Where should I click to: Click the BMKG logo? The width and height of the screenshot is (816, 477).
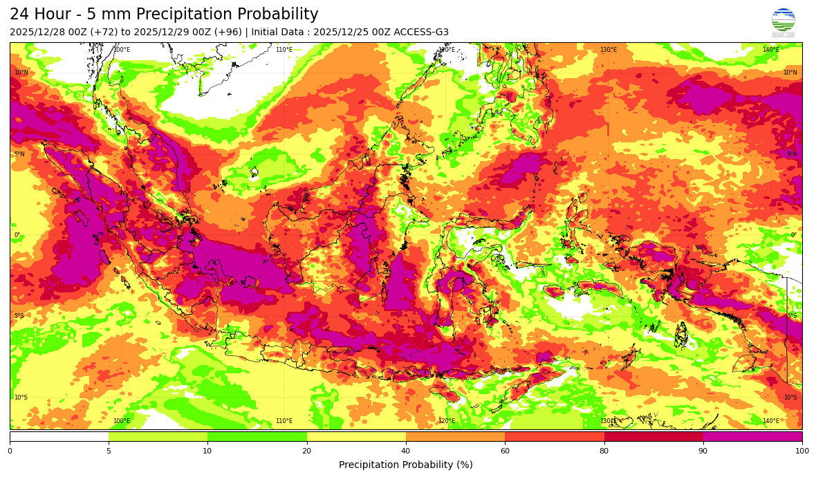pyautogui.click(x=783, y=21)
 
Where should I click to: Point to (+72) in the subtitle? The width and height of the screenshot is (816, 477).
pyautogui.click(x=107, y=32)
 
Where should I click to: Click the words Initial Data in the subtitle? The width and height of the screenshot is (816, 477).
pyautogui.click(x=277, y=32)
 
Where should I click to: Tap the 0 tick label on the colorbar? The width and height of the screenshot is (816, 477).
pyautogui.click(x=10, y=451)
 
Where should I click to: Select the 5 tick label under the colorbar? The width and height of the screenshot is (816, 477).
pyautogui.click(x=109, y=451)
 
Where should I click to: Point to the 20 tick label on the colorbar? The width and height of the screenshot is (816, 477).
pyautogui.click(x=306, y=451)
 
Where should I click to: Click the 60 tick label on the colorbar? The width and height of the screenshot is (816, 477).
pyautogui.click(x=505, y=451)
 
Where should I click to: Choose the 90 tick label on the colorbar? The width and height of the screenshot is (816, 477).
pyautogui.click(x=703, y=451)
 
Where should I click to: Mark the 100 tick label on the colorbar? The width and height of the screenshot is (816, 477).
pyautogui.click(x=801, y=451)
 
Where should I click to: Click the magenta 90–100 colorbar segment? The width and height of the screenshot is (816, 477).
pyautogui.click(x=752, y=437)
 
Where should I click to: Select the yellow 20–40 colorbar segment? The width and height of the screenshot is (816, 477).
pyautogui.click(x=356, y=437)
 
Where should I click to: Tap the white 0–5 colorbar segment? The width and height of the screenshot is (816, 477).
pyautogui.click(x=59, y=437)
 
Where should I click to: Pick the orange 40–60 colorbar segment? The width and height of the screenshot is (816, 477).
pyautogui.click(x=455, y=437)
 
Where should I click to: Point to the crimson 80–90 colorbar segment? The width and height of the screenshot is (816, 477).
pyautogui.click(x=653, y=437)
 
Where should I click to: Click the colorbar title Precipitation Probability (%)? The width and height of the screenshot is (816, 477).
pyautogui.click(x=406, y=465)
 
